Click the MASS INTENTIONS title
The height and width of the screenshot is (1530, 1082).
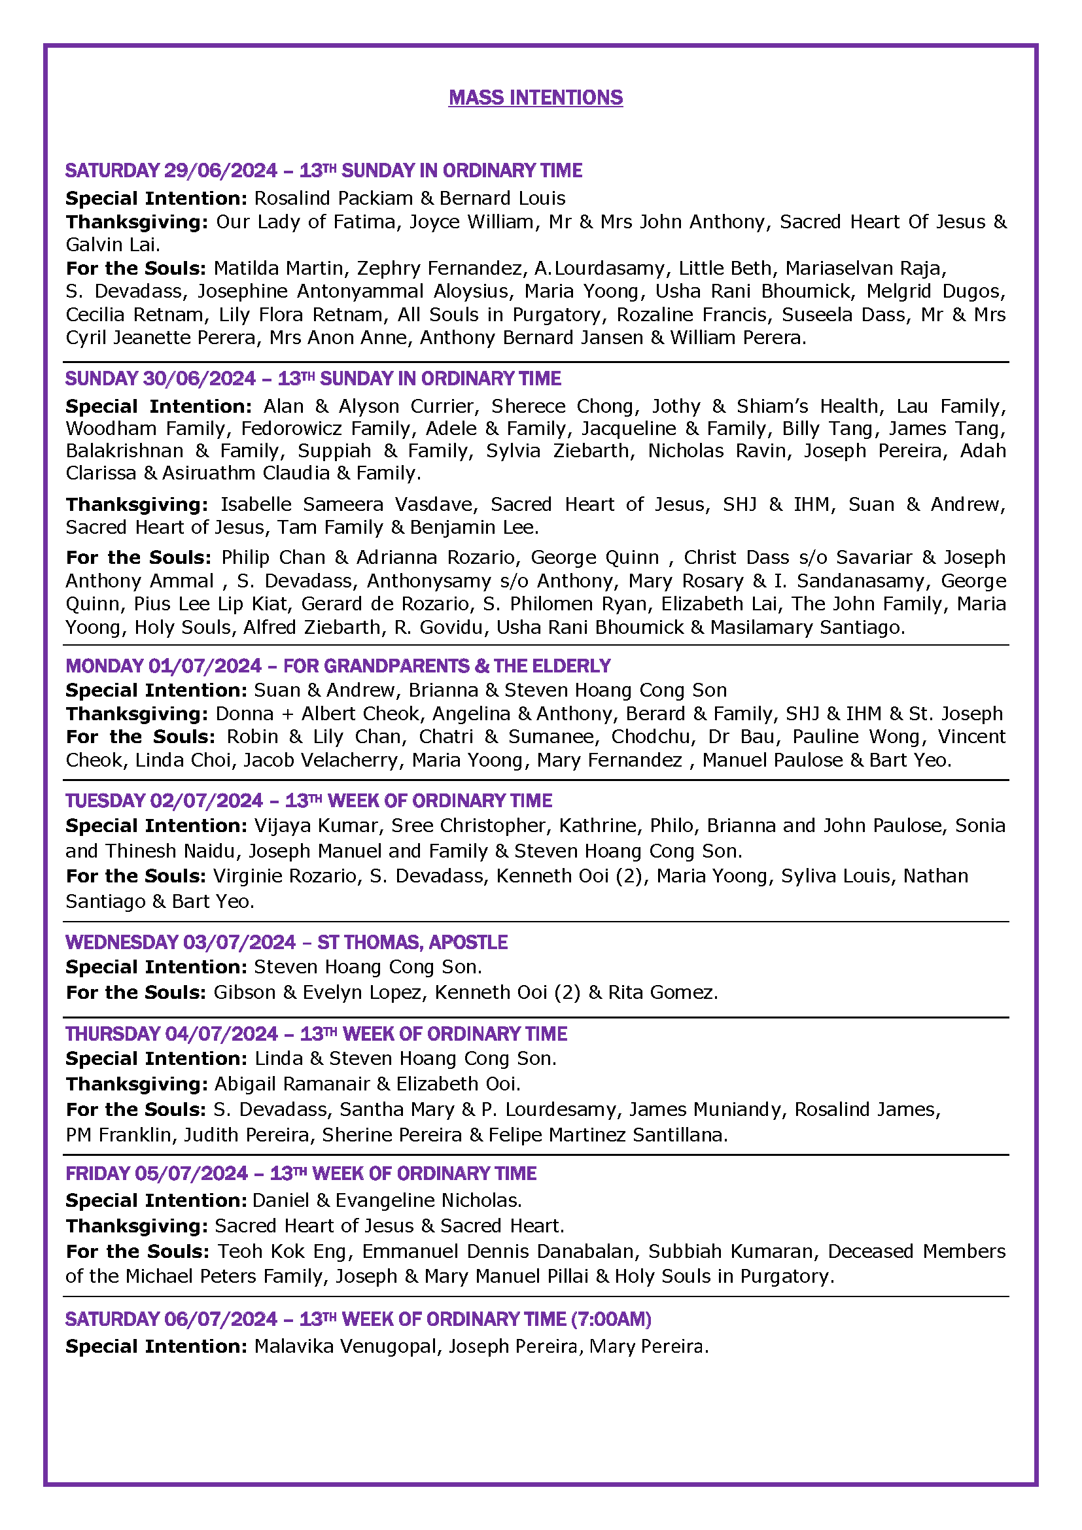pos(535,98)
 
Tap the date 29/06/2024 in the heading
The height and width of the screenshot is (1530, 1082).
pos(220,171)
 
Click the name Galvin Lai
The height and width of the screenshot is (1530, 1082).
pos(111,245)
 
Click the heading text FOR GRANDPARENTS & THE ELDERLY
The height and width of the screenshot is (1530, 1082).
pos(446,666)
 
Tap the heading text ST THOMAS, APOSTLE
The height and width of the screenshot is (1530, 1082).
pos(411,942)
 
